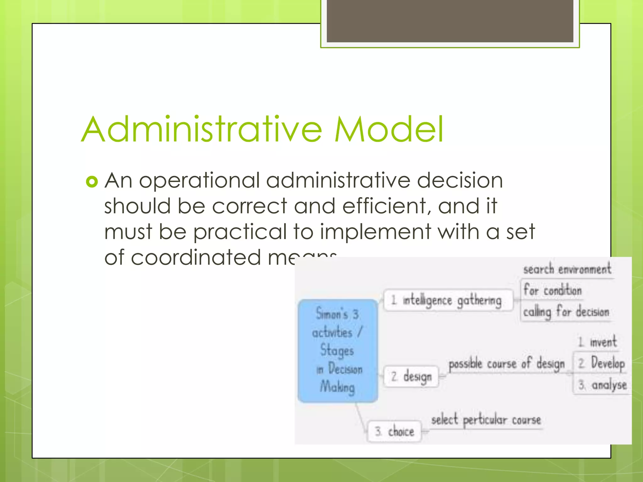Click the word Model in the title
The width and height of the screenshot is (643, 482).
pyautogui.click(x=389, y=129)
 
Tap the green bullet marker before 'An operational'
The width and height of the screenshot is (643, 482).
pyautogui.click(x=92, y=182)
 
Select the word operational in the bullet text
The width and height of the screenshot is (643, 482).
pyautogui.click(x=199, y=181)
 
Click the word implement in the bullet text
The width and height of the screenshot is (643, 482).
pyautogui.click(x=375, y=232)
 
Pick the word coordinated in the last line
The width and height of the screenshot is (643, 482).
pyautogui.click(x=196, y=258)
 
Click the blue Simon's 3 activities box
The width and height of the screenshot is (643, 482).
pyautogui.click(x=338, y=351)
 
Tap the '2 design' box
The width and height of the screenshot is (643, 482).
pyautogui.click(x=411, y=376)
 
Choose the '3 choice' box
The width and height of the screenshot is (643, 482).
pyautogui.click(x=394, y=431)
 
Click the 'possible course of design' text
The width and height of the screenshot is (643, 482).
pyautogui.click(x=506, y=364)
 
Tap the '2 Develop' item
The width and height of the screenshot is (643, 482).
pyautogui.click(x=601, y=363)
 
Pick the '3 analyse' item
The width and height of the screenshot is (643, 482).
pyautogui.click(x=602, y=385)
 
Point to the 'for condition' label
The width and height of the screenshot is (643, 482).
pyautogui.click(x=553, y=290)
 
